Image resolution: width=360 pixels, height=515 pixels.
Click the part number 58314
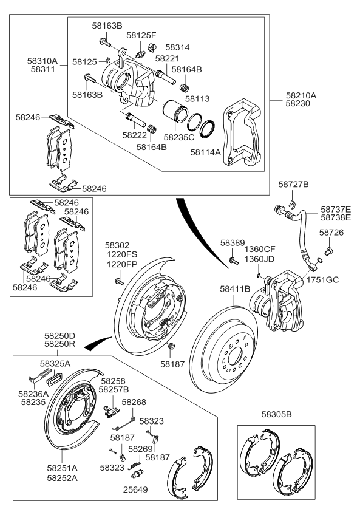click(x=177, y=47)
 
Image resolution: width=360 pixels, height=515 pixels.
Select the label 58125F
click(x=141, y=36)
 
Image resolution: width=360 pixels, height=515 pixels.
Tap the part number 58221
click(x=167, y=59)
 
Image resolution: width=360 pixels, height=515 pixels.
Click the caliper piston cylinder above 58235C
click(x=175, y=114)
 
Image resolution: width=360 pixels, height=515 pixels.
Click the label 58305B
click(x=277, y=414)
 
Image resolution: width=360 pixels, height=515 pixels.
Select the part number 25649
click(x=135, y=489)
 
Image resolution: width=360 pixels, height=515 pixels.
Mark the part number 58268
click(x=134, y=402)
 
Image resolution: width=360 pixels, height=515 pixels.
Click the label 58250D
click(x=59, y=335)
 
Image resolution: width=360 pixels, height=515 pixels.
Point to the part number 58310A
click(x=42, y=61)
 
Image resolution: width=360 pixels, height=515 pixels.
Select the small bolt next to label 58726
click(x=330, y=249)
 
